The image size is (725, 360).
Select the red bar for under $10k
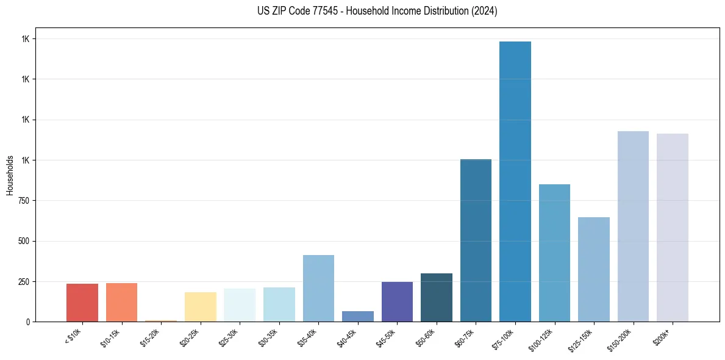pos(82,303)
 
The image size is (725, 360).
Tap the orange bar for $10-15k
pos(121,302)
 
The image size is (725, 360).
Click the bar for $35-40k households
pos(318,288)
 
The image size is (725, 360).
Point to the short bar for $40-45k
pos(358,316)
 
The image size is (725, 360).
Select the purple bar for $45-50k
pos(397,301)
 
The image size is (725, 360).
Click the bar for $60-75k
pos(476,240)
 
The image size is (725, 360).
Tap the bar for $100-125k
pos(554,253)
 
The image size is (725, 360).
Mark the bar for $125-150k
pos(594,269)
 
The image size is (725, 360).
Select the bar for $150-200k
pos(633,226)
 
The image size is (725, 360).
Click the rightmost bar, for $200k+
pos(673,228)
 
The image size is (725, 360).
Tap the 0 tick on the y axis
pos(26,322)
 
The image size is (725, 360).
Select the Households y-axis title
pos(10,175)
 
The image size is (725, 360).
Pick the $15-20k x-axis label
pos(149,336)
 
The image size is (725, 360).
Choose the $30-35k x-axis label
pos(268,336)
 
